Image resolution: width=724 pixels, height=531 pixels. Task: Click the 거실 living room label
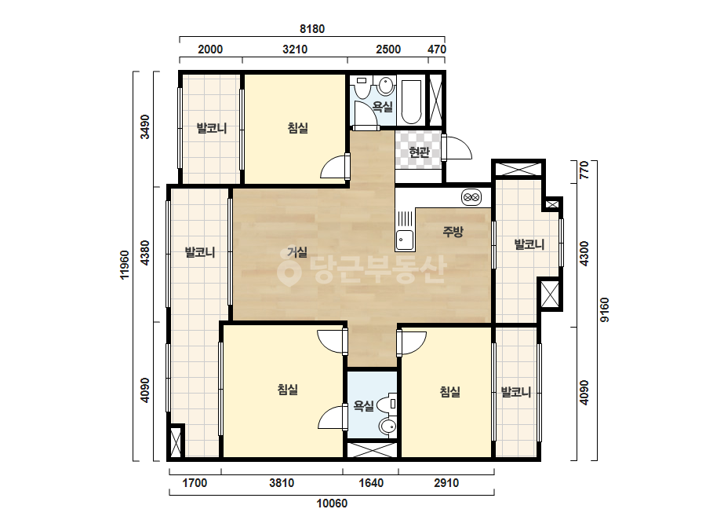(x=297, y=252)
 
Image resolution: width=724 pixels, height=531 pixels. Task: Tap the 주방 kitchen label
(x=453, y=231)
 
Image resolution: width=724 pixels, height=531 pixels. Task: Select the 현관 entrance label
(x=419, y=152)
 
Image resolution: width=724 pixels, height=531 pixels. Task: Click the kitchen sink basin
(x=405, y=240)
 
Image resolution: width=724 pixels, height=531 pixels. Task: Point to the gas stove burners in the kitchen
(x=471, y=197)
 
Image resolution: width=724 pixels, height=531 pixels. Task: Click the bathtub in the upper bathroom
(x=411, y=102)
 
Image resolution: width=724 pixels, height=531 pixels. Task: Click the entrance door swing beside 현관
(x=457, y=148)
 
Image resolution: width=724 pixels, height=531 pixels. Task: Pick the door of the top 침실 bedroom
(x=335, y=167)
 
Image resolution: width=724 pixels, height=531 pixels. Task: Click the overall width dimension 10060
(x=332, y=504)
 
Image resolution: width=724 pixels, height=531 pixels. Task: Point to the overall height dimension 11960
(x=125, y=265)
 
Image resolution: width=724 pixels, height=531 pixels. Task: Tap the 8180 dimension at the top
(x=312, y=29)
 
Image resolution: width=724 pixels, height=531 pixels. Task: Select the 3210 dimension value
(x=295, y=49)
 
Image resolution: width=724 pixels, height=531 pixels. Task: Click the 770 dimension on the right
(x=584, y=170)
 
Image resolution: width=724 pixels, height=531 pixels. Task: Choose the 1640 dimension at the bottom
(x=371, y=483)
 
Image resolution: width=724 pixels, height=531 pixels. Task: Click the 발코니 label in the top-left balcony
(x=212, y=128)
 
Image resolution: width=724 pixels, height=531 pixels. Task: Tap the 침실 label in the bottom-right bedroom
(x=449, y=392)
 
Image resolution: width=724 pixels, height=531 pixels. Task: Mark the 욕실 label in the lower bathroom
(x=363, y=406)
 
